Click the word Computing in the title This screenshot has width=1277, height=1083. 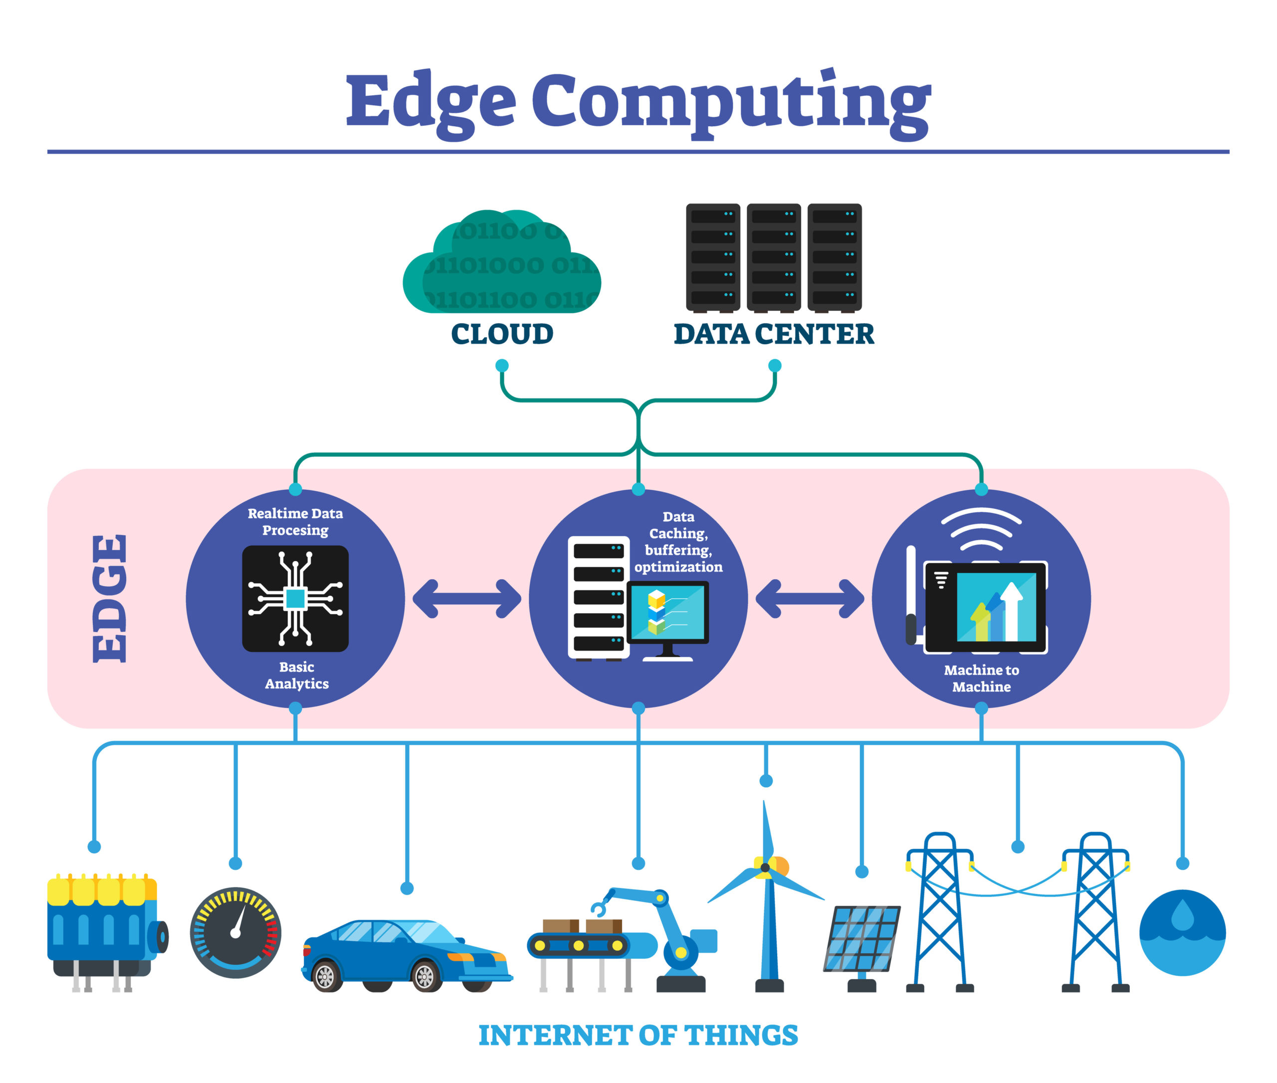[x=731, y=101]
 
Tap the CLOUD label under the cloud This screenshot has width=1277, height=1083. [x=502, y=334]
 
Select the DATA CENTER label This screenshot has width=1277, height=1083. [x=774, y=334]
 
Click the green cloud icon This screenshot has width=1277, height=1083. [x=502, y=264]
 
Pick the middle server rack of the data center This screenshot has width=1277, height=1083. [x=774, y=257]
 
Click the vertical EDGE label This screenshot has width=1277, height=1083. [x=111, y=599]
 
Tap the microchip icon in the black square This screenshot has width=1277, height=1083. [x=295, y=599]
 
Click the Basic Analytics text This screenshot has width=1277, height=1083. [x=296, y=675]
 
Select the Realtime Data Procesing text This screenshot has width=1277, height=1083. [x=295, y=521]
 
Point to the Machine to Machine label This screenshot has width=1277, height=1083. [x=981, y=678]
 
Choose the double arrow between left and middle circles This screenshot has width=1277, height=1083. [x=466, y=599]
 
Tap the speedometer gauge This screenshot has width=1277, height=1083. [x=235, y=932]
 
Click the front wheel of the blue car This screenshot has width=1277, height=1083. [x=425, y=976]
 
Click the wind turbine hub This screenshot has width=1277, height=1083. [x=765, y=867]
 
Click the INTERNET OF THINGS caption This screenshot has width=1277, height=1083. [x=638, y=1035]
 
